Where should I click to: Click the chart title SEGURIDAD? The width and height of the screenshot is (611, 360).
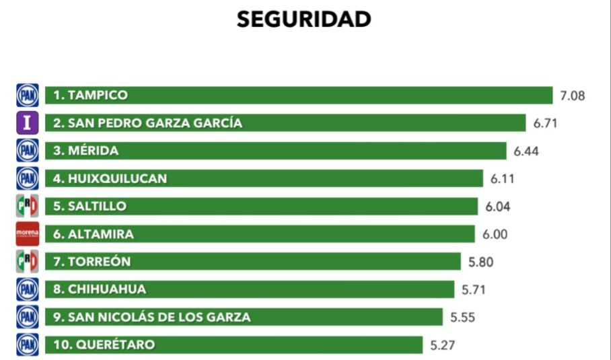click(x=303, y=20)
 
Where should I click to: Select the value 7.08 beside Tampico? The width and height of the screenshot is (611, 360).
click(x=573, y=96)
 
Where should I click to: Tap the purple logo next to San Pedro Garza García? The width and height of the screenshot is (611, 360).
click(x=28, y=123)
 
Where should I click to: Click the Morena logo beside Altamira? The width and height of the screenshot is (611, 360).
click(x=28, y=233)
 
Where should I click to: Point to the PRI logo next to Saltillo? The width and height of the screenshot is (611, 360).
click(x=28, y=206)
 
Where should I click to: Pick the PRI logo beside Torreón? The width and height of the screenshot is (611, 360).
click(x=28, y=261)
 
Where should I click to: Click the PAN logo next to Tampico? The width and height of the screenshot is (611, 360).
click(x=28, y=96)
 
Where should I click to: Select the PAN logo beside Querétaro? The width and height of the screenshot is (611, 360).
click(x=28, y=345)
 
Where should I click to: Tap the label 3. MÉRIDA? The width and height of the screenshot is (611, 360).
click(x=86, y=151)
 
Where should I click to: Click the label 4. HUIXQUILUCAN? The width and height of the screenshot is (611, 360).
click(x=110, y=178)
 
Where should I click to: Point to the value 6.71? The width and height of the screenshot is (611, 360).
click(x=546, y=123)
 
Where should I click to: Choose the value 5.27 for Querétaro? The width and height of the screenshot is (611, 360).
click(x=443, y=346)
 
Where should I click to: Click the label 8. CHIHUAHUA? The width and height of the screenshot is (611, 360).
click(x=100, y=289)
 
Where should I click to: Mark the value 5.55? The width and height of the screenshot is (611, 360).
click(x=463, y=318)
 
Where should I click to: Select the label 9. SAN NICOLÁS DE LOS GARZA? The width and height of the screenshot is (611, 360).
click(x=152, y=317)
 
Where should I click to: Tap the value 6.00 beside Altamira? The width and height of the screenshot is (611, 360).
click(x=495, y=234)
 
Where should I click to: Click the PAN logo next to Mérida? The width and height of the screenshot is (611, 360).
click(x=28, y=151)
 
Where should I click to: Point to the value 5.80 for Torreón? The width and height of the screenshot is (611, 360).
click(x=480, y=262)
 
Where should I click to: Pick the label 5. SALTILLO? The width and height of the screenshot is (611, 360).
click(x=90, y=206)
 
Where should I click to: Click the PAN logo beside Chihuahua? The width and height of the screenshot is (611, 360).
click(x=28, y=289)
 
